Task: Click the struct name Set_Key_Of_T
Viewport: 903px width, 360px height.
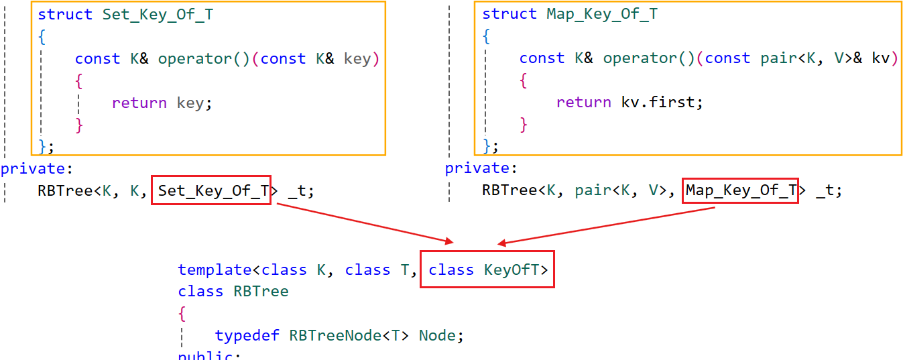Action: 158,15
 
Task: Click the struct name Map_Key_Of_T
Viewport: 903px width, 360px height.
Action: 602,15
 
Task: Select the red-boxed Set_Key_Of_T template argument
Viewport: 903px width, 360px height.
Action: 211,191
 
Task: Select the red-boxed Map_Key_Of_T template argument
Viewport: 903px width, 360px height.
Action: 740,191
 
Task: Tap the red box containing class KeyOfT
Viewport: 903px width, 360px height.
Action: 487,269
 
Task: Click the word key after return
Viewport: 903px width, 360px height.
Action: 190,103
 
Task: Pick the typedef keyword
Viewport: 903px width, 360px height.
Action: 247,335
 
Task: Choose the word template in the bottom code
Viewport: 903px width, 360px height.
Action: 215,270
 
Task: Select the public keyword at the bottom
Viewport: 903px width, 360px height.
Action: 206,355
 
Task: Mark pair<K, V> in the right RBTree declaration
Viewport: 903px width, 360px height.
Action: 617,191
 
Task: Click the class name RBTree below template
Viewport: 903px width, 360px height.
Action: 261,292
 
